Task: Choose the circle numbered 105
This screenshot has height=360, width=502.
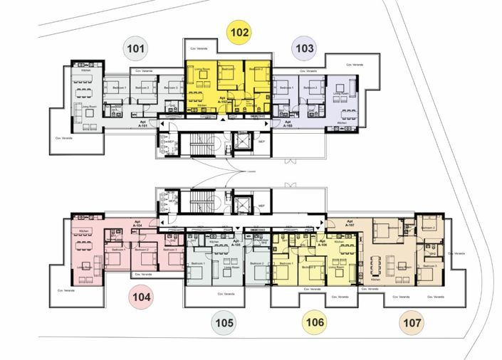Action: click(224, 323)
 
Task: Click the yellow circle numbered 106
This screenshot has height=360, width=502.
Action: click(315, 323)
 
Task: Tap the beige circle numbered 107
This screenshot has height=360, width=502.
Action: click(410, 323)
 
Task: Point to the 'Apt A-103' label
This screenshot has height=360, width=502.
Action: click(288, 122)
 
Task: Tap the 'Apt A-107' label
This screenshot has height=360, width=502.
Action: click(349, 223)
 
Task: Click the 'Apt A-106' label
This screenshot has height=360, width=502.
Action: click(322, 242)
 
